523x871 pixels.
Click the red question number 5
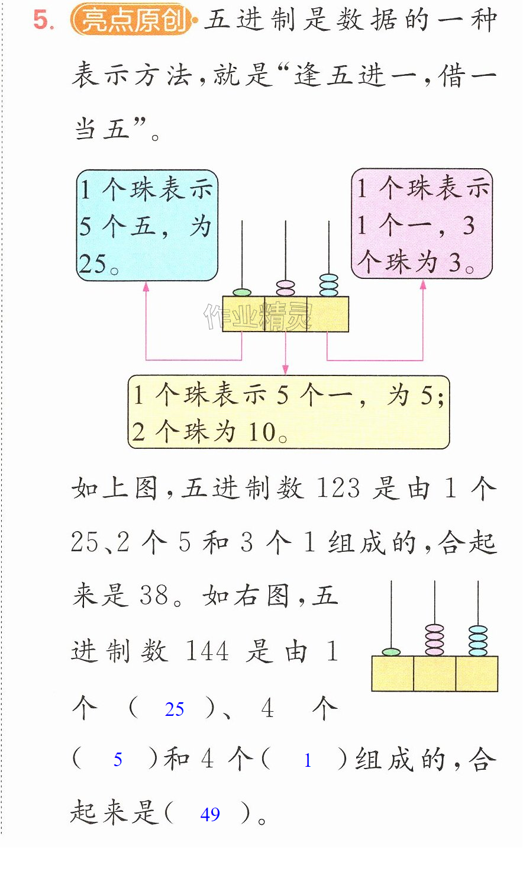point(43,20)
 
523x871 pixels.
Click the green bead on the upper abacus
point(242,293)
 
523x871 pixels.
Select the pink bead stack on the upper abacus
point(285,288)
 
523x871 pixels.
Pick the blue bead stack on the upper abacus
point(329,285)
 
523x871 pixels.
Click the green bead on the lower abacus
point(391,652)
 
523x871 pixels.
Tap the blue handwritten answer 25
point(175,709)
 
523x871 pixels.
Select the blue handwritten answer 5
point(118,760)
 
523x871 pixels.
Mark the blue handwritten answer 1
point(308,760)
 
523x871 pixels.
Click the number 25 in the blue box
point(92,263)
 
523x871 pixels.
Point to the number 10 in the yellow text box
point(262,432)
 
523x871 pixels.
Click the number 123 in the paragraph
point(338,487)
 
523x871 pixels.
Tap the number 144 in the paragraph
point(207,651)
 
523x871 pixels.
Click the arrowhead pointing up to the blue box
point(146,287)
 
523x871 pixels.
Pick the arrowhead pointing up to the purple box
point(423,285)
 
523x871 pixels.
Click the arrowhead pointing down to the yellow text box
point(286,370)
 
